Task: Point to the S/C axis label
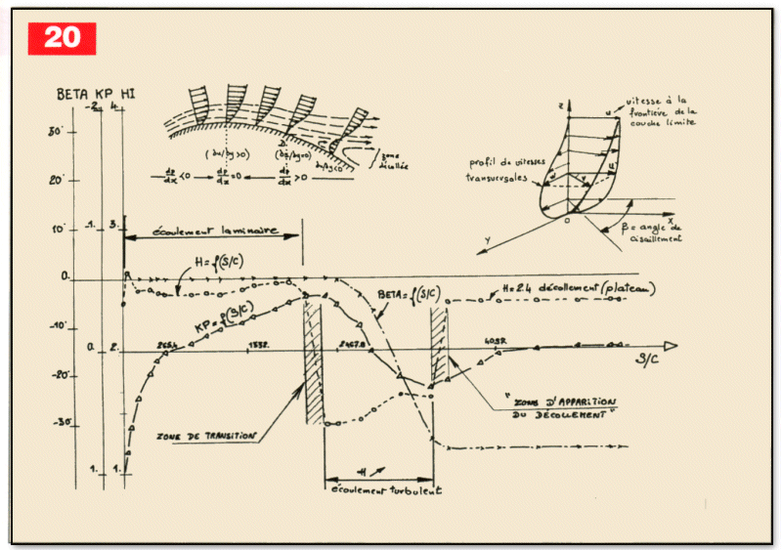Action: tap(646, 360)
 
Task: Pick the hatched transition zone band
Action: tap(313, 361)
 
